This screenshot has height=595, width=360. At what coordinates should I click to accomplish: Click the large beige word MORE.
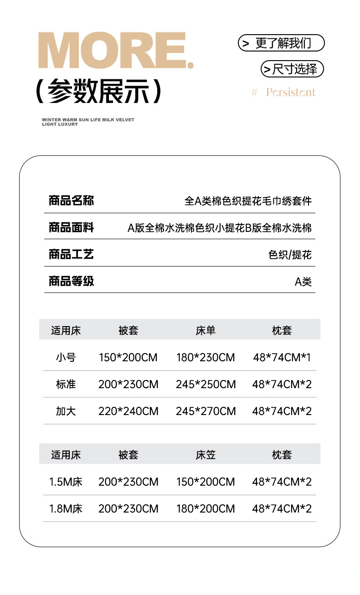click(116, 51)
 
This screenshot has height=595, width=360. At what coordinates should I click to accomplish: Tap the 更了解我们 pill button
click(281, 43)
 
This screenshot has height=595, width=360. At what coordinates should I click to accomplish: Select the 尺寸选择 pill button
click(292, 69)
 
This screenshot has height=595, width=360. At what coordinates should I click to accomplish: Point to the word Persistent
click(291, 92)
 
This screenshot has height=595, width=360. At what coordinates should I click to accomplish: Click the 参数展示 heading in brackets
click(98, 91)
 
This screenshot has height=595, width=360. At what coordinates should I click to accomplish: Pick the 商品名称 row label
click(71, 200)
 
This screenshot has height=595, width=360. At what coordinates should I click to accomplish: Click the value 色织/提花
click(290, 255)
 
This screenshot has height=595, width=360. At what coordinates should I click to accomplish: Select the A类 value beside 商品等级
click(303, 282)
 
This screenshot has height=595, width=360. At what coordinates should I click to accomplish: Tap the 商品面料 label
click(71, 227)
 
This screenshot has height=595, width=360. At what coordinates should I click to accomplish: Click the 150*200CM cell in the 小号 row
click(128, 358)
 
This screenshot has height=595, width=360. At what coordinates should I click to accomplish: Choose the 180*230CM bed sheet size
click(206, 358)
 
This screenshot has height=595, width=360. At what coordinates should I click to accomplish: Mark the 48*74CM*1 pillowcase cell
click(282, 358)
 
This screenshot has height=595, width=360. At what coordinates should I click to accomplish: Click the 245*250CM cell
click(206, 385)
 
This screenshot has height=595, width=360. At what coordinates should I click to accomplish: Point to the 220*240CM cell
click(128, 411)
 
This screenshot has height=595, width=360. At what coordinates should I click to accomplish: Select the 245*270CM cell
click(206, 411)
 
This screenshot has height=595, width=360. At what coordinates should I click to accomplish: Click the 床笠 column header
click(206, 455)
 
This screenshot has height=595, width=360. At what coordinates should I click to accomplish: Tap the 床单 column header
click(206, 330)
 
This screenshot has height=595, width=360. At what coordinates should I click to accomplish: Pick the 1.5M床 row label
click(66, 482)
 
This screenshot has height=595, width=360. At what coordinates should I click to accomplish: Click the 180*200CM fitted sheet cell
click(206, 508)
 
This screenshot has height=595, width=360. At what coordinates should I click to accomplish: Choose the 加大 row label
click(66, 411)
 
